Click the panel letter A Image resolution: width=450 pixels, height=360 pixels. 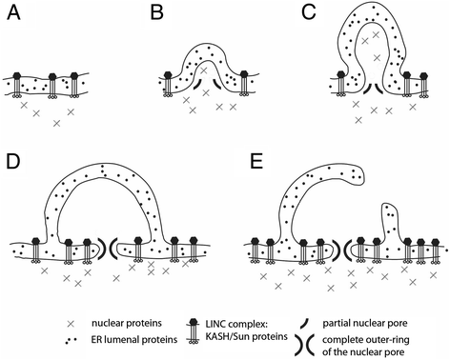[x=14, y=13]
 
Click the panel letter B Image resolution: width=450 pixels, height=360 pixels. [x=157, y=13]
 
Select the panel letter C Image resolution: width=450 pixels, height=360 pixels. [x=309, y=13]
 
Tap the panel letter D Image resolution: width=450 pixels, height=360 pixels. [x=13, y=161]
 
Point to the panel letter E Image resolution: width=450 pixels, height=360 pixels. [x=256, y=161]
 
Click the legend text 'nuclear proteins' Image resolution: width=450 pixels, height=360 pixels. [x=127, y=324]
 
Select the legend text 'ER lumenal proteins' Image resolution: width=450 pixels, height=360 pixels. [x=134, y=340]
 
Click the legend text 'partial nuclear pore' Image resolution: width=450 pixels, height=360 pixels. [x=365, y=324]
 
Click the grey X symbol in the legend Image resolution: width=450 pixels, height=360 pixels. [x=72, y=324]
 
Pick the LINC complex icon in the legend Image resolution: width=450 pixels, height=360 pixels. [x=193, y=331]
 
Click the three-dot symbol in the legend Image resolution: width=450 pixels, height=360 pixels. [x=71, y=341]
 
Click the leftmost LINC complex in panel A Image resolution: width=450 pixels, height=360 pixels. [x=17, y=86]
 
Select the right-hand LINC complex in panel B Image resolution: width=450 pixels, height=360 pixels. [x=244, y=84]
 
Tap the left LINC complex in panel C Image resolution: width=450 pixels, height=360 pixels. [x=341, y=85]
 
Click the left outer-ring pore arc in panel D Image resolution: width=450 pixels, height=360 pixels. [x=102, y=249]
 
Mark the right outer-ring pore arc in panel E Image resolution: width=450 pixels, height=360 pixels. [x=347, y=250]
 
